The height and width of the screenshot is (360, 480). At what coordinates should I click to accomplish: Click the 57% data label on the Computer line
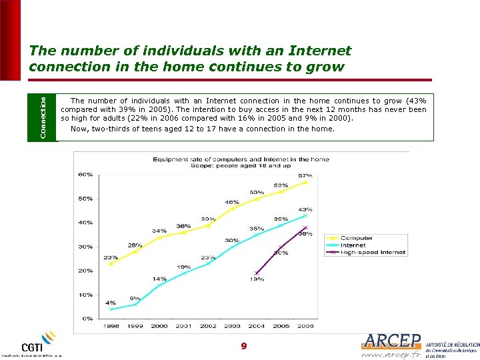(305, 175)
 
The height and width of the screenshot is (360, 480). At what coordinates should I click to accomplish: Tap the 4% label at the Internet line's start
(111, 303)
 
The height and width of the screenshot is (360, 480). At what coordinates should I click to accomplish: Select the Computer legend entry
(357, 238)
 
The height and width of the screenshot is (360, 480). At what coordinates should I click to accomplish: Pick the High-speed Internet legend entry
(373, 253)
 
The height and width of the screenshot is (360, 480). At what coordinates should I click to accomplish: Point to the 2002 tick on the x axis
(208, 326)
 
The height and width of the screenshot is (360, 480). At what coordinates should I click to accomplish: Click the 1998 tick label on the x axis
(111, 326)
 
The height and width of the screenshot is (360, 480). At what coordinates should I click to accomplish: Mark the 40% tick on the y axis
(85, 223)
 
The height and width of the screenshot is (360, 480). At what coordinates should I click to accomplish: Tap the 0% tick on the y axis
(87, 319)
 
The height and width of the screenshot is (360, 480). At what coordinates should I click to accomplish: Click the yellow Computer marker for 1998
(111, 263)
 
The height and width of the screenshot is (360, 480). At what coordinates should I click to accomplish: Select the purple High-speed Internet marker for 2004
(257, 273)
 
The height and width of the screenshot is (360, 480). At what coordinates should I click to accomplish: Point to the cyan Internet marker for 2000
(159, 285)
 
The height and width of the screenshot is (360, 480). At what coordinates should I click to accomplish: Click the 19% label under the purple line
(257, 279)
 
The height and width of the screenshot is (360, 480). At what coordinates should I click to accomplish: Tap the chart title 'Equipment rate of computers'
(241, 159)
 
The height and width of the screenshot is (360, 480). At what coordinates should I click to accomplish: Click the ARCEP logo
(393, 341)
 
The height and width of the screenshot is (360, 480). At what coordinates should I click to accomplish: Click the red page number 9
(243, 346)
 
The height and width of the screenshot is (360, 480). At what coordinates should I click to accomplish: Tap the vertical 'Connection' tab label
(43, 117)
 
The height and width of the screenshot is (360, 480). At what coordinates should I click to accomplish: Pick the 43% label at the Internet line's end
(305, 209)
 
